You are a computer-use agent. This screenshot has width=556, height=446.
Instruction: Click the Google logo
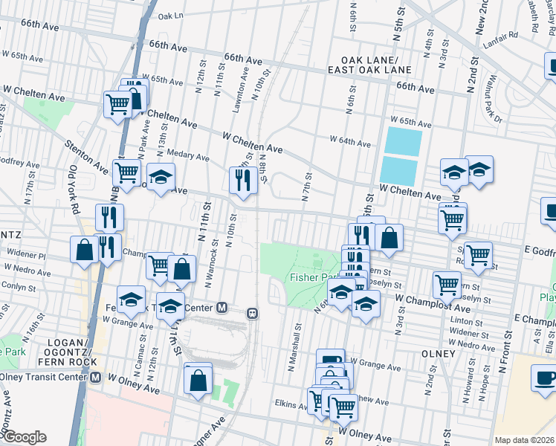pos(24,437)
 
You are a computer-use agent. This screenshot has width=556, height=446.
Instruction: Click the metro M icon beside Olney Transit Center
pos(95,377)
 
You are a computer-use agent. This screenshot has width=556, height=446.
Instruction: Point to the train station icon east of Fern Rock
pos(252,313)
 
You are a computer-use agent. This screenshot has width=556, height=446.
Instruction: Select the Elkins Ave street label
pos(291,405)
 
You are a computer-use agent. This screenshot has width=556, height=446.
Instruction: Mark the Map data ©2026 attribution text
pos(524,440)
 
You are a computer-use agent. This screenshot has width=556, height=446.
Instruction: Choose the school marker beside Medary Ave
pos(160,178)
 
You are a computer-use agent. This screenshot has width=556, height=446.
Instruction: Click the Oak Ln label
pos(170,15)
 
